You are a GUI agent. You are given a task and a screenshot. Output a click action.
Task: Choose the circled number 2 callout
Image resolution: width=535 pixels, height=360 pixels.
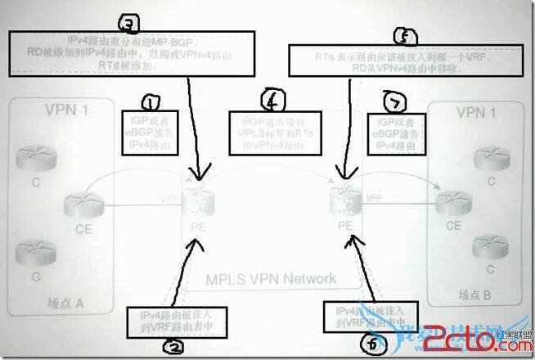click(171, 346)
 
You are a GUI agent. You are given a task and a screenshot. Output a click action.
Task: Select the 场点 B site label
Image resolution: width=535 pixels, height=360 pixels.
click(476, 295)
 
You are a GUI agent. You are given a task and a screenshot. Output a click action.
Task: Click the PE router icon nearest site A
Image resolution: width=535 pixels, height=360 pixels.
click(195, 196)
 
